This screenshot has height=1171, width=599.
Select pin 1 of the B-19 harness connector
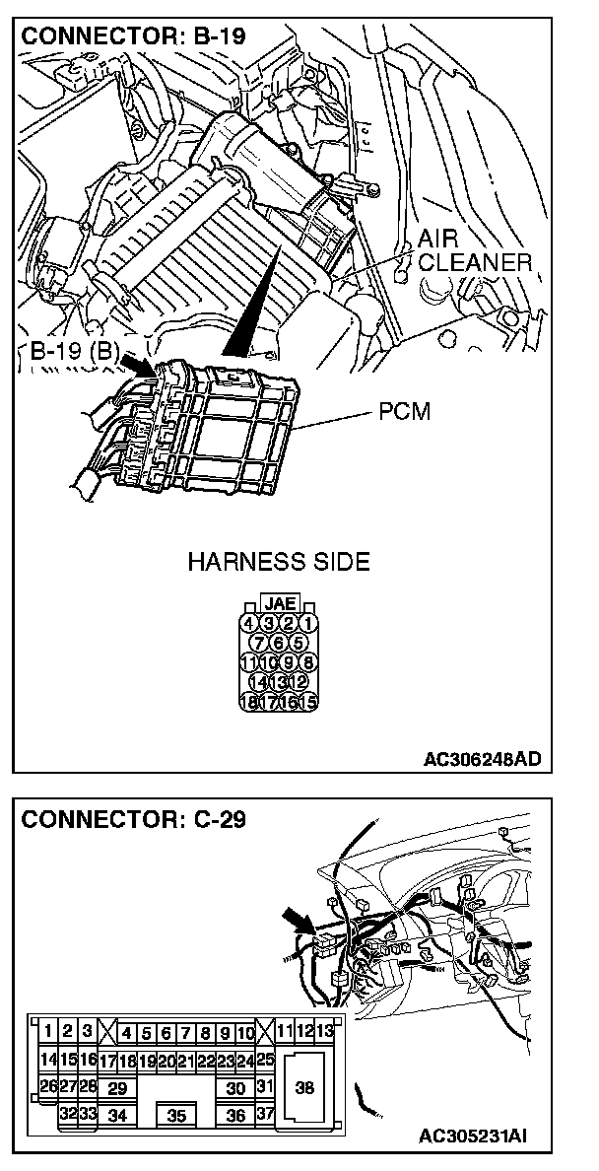[x=308, y=622]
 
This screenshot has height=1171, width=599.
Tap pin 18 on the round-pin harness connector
[x=249, y=703]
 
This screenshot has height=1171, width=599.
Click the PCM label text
[x=404, y=412]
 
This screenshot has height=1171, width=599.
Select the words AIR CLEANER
[x=473, y=251]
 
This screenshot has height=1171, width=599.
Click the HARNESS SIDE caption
[x=279, y=563]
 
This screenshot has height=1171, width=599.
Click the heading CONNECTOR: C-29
[x=134, y=819]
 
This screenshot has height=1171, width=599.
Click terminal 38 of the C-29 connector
[x=304, y=1088]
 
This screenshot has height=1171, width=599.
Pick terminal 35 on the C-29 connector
[x=176, y=1116]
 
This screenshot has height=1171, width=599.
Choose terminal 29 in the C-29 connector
[x=117, y=1088]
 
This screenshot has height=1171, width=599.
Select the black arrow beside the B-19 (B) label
[x=137, y=367]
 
